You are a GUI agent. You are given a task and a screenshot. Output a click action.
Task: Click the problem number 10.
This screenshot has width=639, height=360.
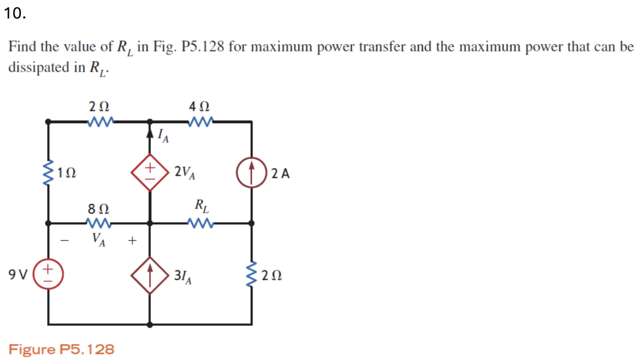point(14,14)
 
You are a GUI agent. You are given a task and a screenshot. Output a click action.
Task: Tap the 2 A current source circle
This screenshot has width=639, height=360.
point(251,173)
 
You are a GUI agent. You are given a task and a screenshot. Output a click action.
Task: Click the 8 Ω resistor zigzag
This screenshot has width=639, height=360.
point(98,223)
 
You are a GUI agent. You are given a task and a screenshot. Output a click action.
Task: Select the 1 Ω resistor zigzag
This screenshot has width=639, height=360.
point(48,173)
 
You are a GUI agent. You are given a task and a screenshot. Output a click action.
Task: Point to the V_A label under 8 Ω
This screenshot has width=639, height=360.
point(99,239)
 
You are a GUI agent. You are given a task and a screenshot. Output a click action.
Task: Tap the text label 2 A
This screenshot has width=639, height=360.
point(280,174)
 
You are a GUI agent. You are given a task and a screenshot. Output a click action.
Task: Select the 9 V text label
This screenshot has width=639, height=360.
point(18,275)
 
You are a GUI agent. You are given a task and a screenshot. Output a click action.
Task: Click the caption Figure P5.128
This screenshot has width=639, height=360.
point(62,349)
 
